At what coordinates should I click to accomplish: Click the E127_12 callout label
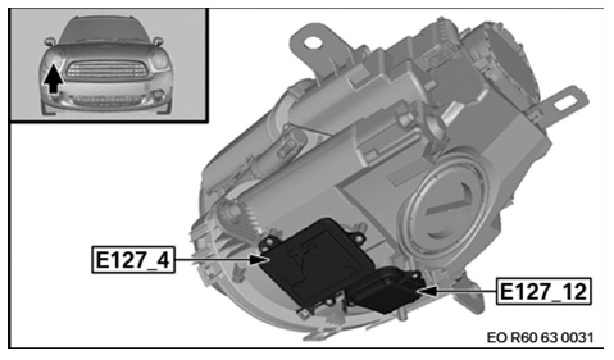[543, 291]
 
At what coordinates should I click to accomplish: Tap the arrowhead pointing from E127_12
[427, 291]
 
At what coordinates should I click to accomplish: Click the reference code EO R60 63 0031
[540, 338]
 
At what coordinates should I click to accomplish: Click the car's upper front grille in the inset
[106, 70]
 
